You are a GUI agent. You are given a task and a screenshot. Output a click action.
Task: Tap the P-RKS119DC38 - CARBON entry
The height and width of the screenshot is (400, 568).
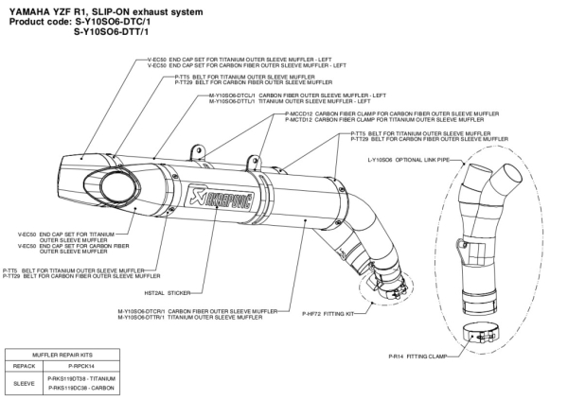coord(80,387)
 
